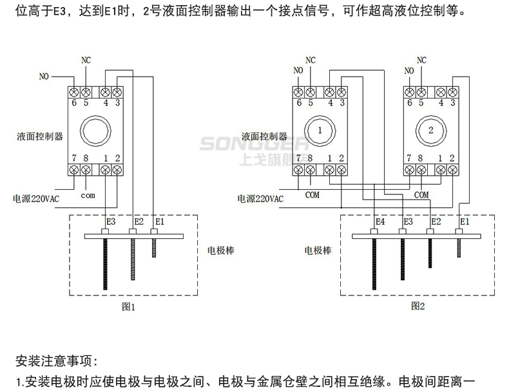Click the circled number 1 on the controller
320,131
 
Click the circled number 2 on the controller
430,131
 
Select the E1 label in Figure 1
160,221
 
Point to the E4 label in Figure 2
380,221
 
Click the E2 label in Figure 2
436,221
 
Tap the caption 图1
129,307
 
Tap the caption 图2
418,306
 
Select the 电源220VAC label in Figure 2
260,200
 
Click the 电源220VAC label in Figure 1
36,200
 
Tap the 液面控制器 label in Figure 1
41,136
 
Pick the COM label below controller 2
421,194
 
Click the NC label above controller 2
422,61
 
